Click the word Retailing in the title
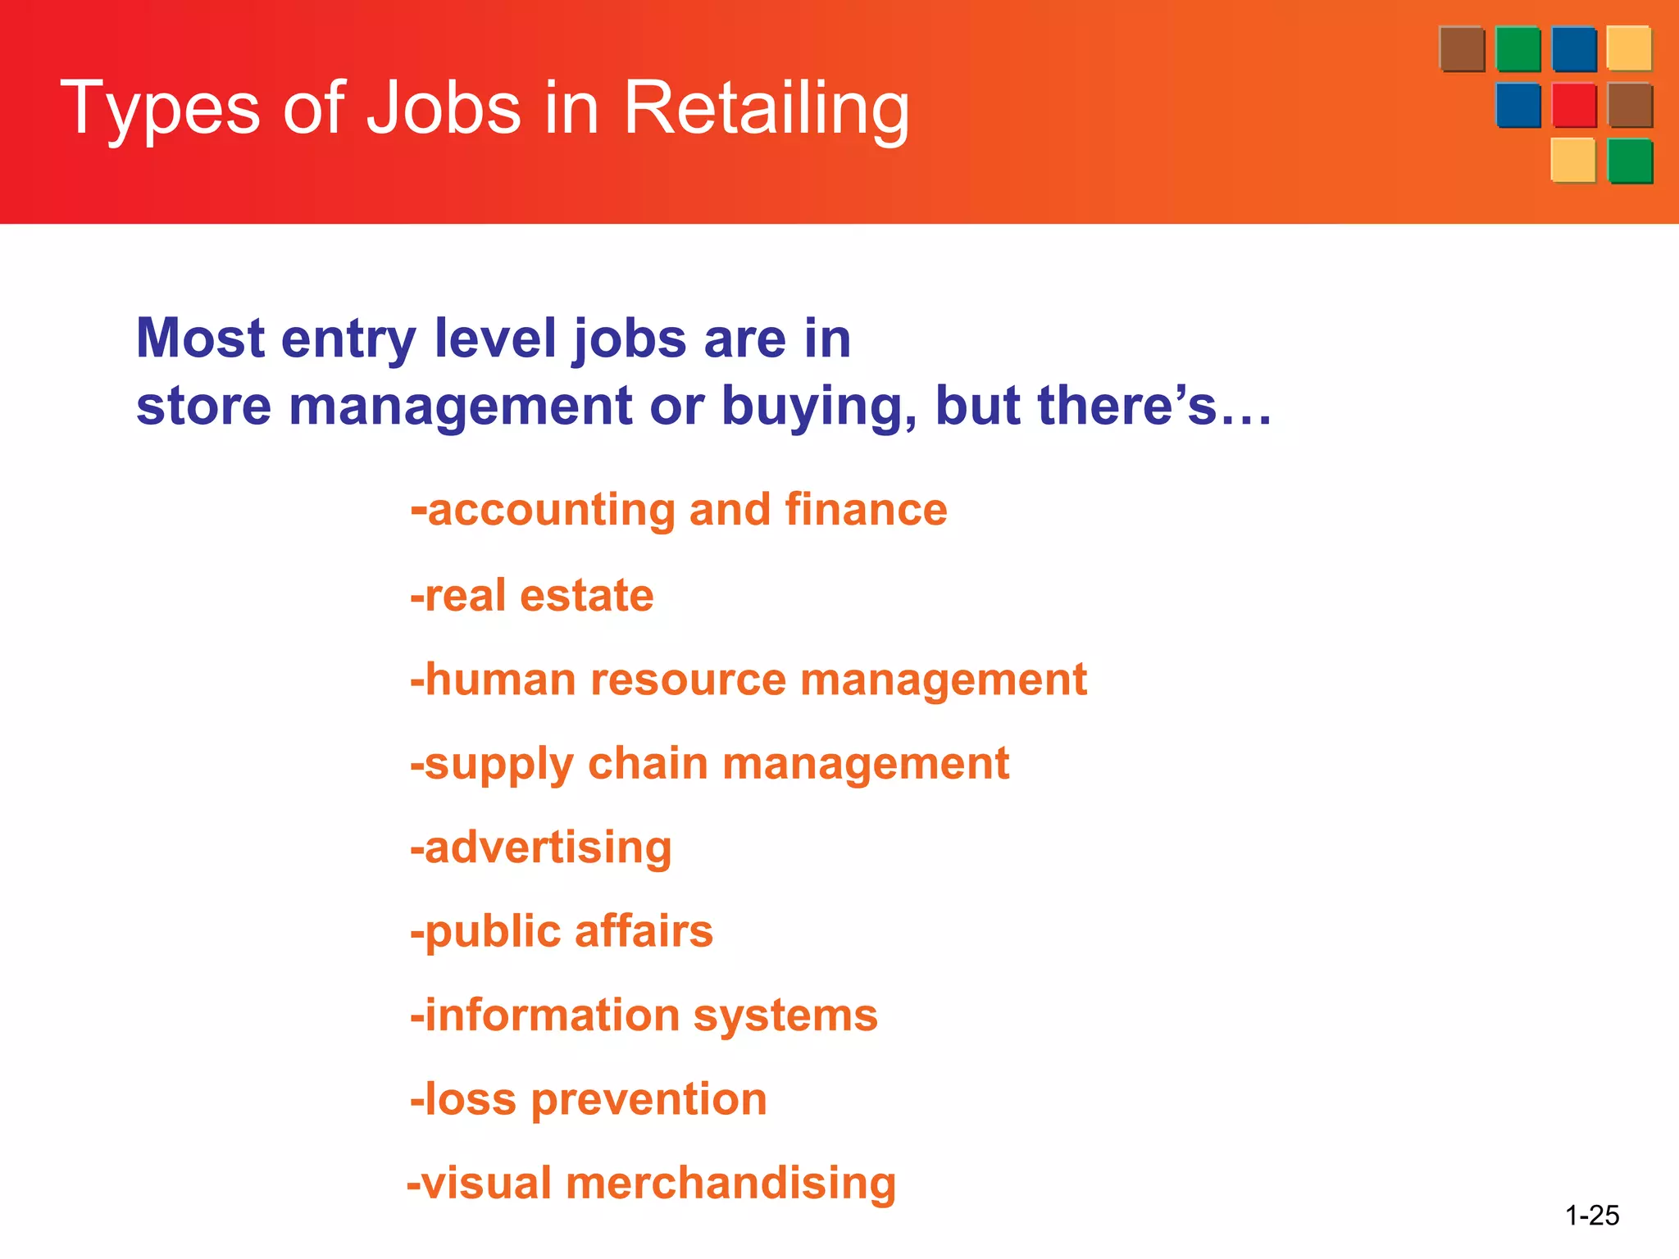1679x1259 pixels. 766,108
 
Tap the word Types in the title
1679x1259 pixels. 161,110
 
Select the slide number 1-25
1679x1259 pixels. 1591,1215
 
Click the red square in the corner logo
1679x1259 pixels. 1573,105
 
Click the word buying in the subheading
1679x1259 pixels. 819,407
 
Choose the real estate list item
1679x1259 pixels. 533,595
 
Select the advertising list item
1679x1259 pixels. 541,848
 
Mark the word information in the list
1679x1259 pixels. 551,1016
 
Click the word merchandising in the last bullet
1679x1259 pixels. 730,1184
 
